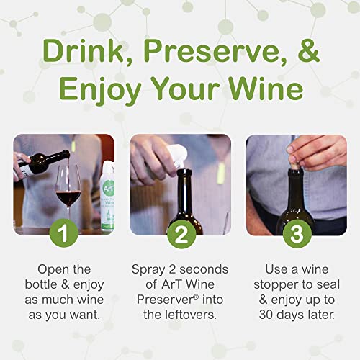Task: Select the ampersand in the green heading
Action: pos(305,52)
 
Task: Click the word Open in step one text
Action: pos(49,270)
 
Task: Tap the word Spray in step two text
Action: pos(148,270)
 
